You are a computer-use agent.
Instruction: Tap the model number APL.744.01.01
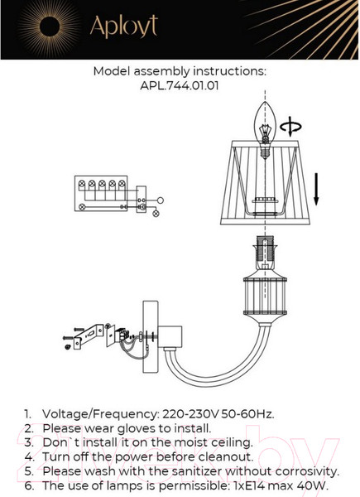click(x=180, y=85)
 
